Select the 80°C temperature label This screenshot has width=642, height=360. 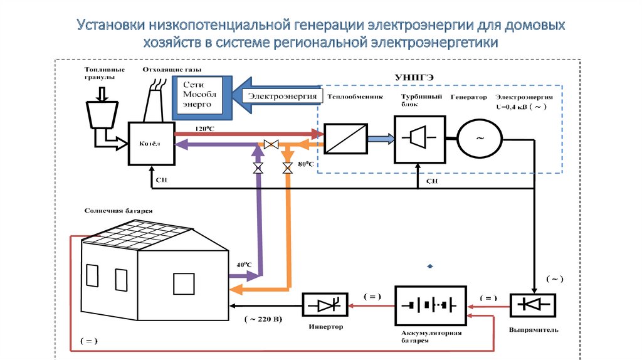(306, 164)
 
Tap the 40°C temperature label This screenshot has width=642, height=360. (245, 264)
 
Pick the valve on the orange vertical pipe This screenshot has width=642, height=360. (287, 168)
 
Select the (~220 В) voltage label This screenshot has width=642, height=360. (263, 319)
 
